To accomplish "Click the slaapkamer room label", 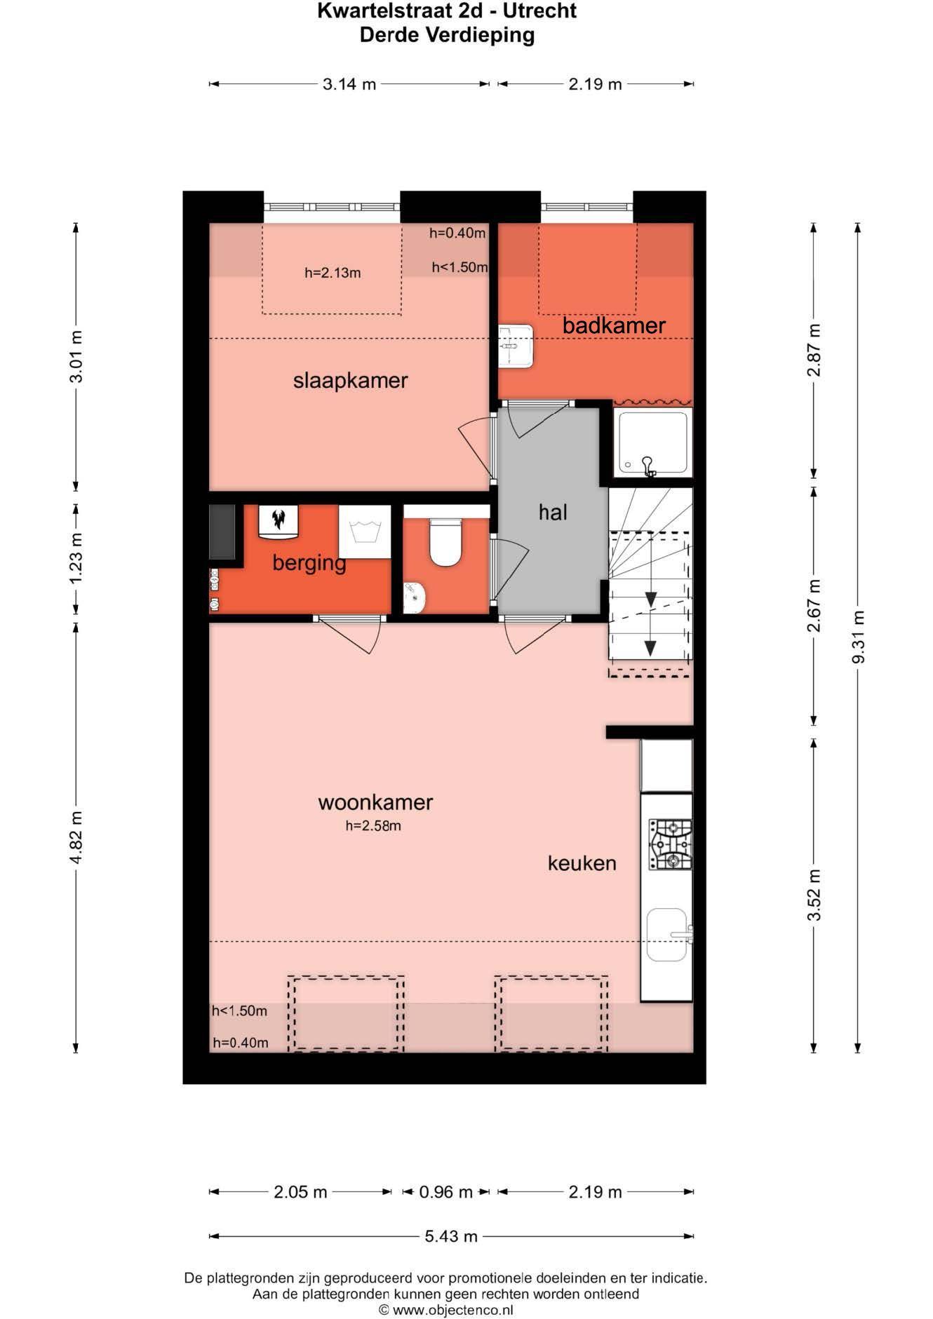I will [350, 381].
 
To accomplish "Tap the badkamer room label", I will [613, 325].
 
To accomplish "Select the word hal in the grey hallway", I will [553, 513].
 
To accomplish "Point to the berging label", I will [309, 562].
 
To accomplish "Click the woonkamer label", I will [375, 802].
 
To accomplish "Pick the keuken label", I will [582, 863].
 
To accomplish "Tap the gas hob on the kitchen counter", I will [669, 845].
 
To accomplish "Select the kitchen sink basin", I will [666, 935].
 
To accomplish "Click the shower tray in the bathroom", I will [650, 442].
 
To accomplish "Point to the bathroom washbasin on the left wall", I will [516, 346].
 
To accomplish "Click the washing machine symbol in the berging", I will [365, 532].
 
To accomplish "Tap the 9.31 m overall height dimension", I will [858, 637].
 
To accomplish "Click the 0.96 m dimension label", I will [445, 1192].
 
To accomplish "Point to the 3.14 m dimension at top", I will [349, 85].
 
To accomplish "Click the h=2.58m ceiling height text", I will [372, 826].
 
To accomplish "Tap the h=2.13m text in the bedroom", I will [333, 273].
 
